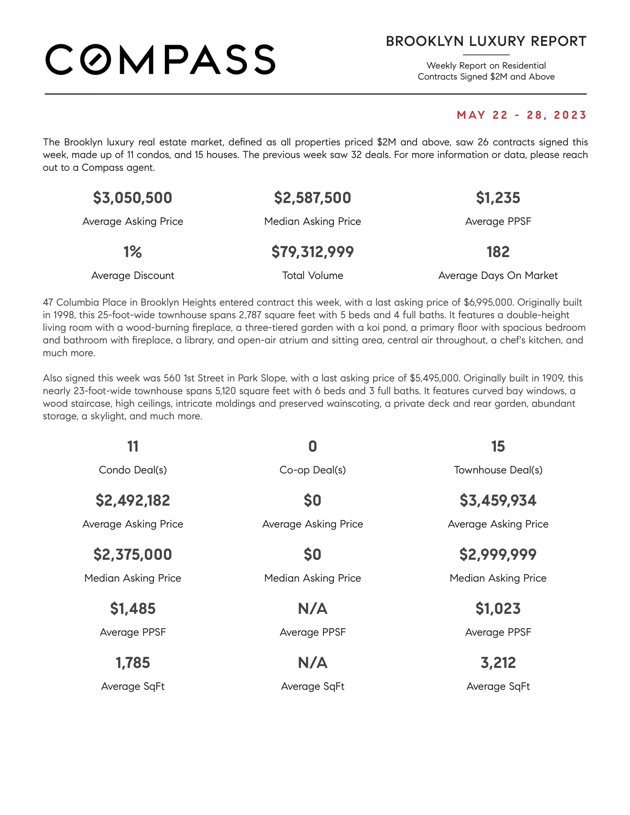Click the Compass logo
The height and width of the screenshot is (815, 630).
tap(160, 60)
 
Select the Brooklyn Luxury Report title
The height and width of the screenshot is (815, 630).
tap(486, 41)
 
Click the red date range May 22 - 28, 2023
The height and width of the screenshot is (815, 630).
tap(522, 115)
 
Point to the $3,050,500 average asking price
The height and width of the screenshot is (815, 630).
tap(133, 198)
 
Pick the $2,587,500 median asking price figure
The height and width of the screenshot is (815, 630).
tap(312, 198)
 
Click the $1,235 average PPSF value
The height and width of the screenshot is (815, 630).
tap(498, 198)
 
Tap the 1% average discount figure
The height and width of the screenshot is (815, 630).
tap(133, 252)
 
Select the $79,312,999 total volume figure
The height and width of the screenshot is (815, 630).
tap(312, 252)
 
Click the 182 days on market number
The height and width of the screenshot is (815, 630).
tap(498, 252)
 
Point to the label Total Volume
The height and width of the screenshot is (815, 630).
tap(312, 275)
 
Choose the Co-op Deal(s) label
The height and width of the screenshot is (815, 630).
tap(312, 470)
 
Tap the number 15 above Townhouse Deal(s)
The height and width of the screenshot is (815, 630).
tap(498, 446)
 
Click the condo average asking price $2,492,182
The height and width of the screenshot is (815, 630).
tap(133, 500)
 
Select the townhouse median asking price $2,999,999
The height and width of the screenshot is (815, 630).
tap(498, 555)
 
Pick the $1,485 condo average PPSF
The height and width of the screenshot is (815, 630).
tap(133, 609)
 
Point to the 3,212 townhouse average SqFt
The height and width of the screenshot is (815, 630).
tap(498, 663)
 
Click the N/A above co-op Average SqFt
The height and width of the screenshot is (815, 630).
tap(312, 663)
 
